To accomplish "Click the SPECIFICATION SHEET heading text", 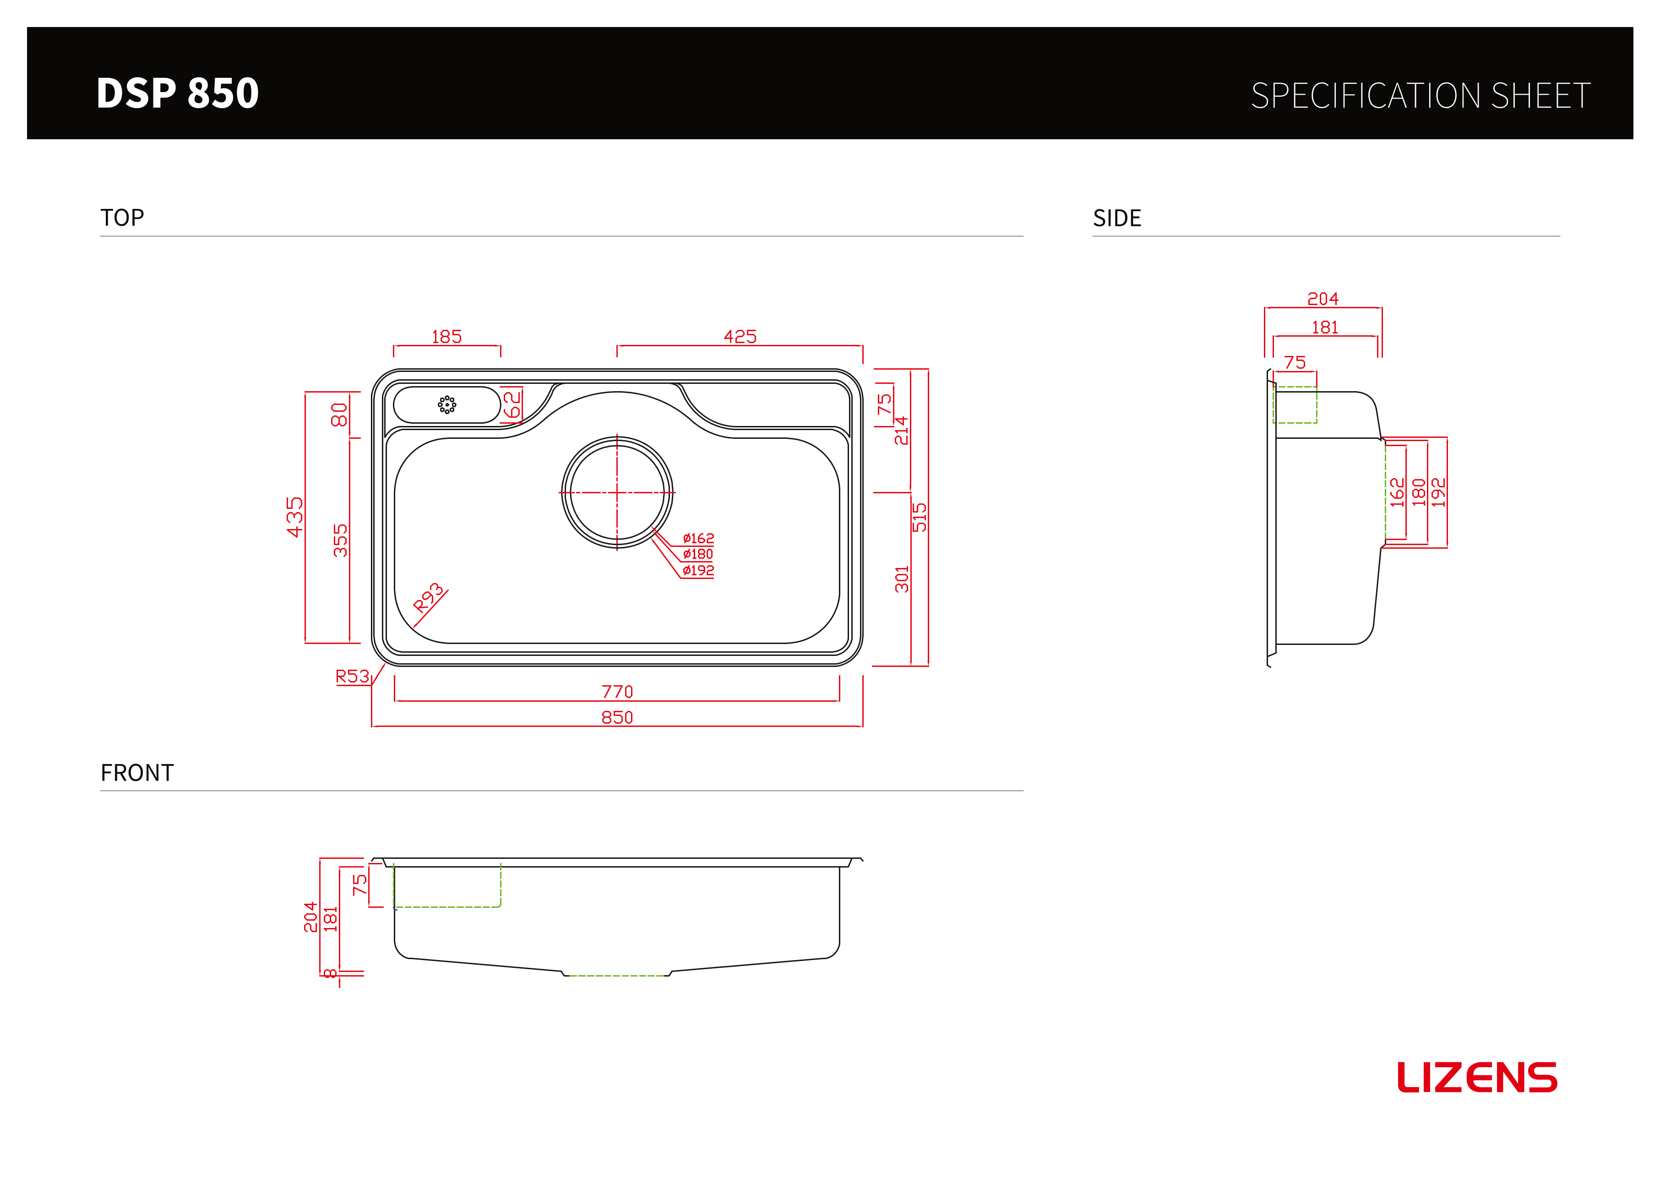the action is pos(1421,96).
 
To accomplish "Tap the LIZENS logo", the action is pos(1477,1077).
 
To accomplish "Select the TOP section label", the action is pos(122,218).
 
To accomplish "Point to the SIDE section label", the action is pos(1117,218).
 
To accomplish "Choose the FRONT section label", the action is pos(137,773).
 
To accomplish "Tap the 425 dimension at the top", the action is pos(740,337).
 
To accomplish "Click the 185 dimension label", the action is pos(446,337).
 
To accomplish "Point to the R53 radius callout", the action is pos(352,676).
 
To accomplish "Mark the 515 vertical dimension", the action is pos(919,517).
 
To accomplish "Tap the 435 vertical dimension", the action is pos(294,517).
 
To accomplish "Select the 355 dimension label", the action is pos(340,540).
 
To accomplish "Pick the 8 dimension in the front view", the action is pos(331,973).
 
